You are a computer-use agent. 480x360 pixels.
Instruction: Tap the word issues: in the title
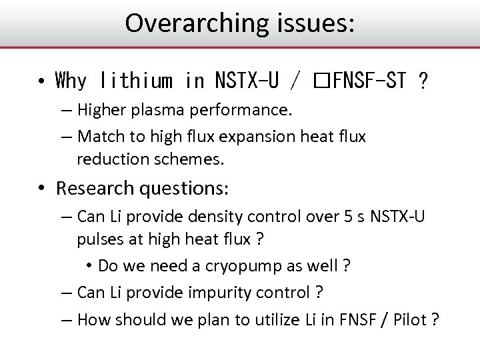pyautogui.click(x=312, y=23)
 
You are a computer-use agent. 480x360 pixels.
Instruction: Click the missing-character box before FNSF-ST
pyautogui.click(x=321, y=82)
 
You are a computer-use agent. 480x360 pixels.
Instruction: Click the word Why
pyautogui.click(x=71, y=81)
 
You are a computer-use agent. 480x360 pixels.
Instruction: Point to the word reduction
pyautogui.click(x=111, y=160)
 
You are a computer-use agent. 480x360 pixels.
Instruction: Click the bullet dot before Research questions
pyautogui.click(x=41, y=189)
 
